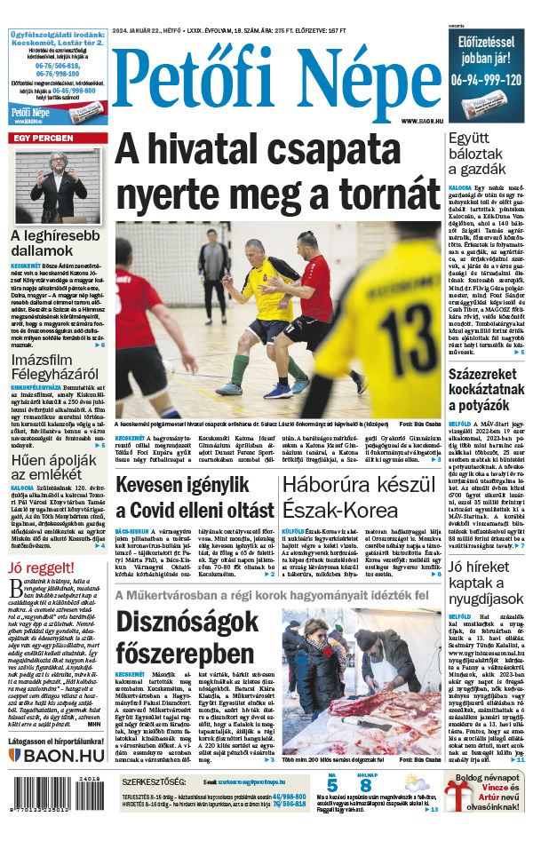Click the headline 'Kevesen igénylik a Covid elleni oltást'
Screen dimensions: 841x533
194,497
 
